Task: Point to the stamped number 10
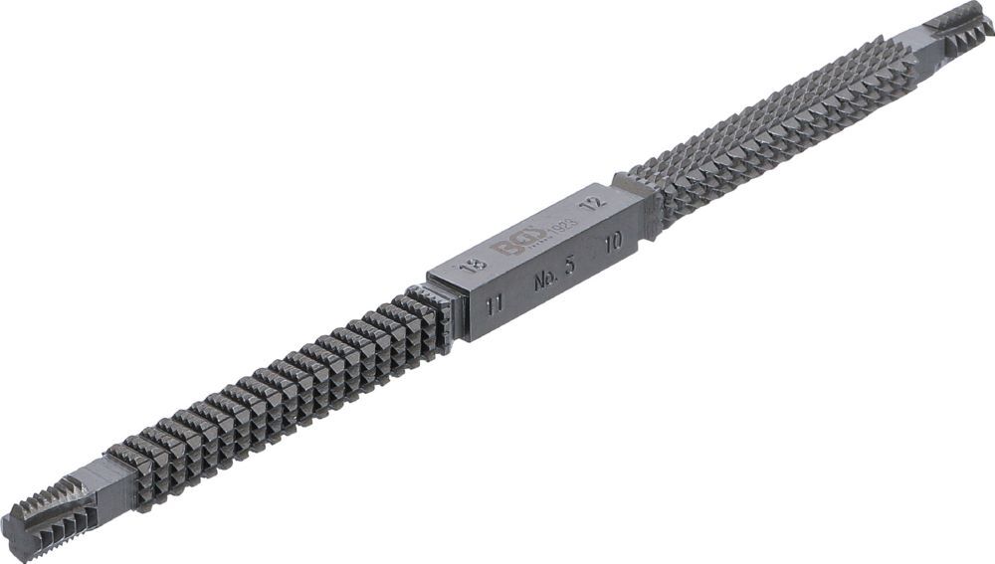point(614,240)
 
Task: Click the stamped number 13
point(475,267)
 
